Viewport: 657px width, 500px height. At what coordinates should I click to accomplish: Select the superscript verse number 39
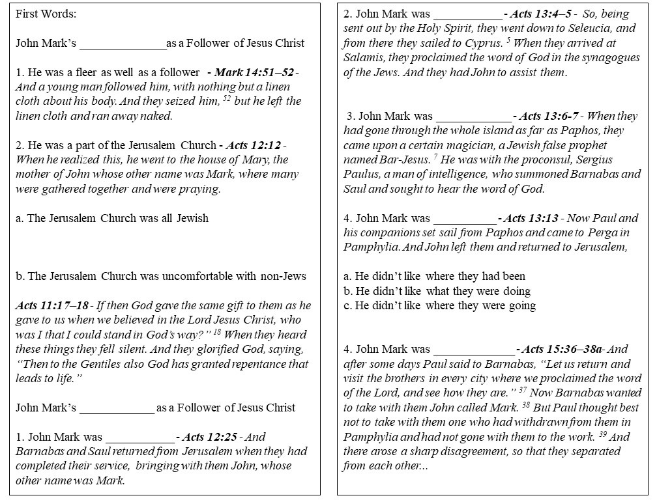(604, 434)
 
